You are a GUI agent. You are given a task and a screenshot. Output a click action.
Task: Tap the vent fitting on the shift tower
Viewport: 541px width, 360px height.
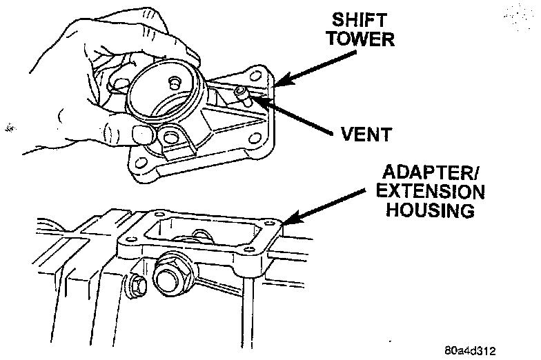click(240, 93)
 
